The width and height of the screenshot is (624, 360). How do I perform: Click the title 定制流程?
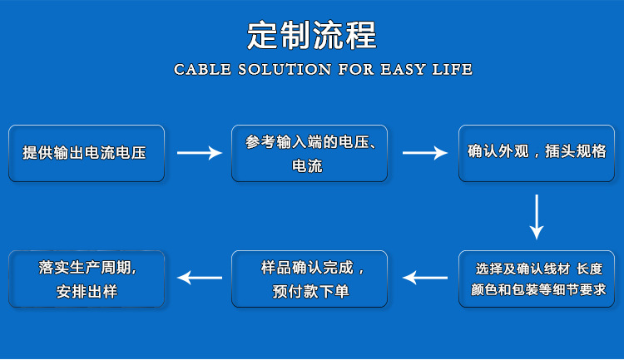point(312,35)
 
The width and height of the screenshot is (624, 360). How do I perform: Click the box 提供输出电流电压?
point(86,153)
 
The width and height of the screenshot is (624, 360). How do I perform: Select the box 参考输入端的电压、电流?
point(309,153)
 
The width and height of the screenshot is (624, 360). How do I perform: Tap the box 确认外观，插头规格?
point(537,153)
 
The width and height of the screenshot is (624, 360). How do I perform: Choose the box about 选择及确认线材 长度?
point(537,279)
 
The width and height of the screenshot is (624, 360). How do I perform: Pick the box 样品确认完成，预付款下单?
point(309,279)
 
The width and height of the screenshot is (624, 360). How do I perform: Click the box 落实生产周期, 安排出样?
point(86,279)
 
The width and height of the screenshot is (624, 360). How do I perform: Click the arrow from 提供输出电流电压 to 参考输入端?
point(200,153)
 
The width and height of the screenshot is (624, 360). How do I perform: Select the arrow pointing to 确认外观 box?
point(424,153)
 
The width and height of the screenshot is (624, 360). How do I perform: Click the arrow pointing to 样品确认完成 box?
point(424,278)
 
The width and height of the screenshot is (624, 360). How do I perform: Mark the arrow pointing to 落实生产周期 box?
point(200,278)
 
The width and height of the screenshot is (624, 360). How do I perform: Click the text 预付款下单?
point(310,292)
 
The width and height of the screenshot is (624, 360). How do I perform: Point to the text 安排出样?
point(87,292)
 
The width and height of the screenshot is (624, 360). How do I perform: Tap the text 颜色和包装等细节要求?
point(537,291)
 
